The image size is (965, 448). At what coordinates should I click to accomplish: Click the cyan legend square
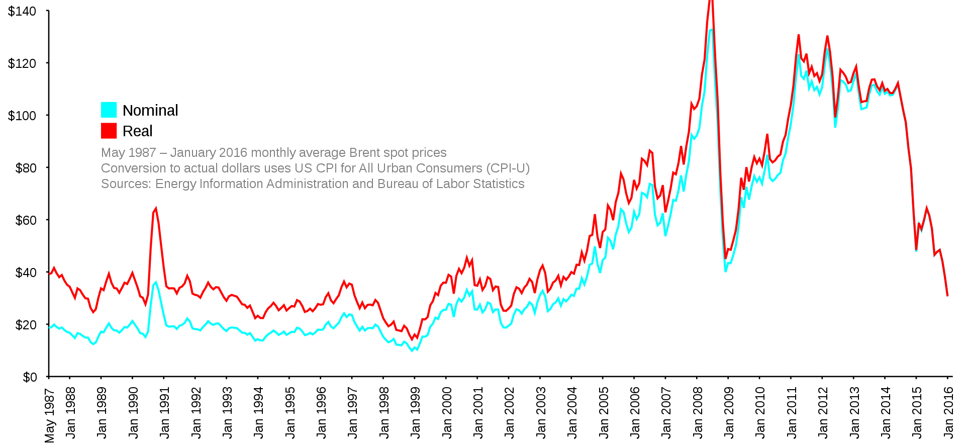[x=109, y=110]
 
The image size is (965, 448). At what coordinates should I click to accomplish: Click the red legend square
[x=109, y=131]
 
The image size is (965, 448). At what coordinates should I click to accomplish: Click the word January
[x=193, y=153]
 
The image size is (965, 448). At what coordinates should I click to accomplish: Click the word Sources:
[x=126, y=184]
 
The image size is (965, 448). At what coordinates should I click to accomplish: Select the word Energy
[x=176, y=184]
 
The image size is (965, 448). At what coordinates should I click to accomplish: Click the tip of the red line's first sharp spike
[x=156, y=208]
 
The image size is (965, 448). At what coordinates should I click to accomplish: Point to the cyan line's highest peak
[x=711, y=29]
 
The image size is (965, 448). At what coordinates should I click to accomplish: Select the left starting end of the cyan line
[x=49, y=328]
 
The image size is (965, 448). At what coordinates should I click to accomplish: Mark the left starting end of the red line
[x=49, y=274]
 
